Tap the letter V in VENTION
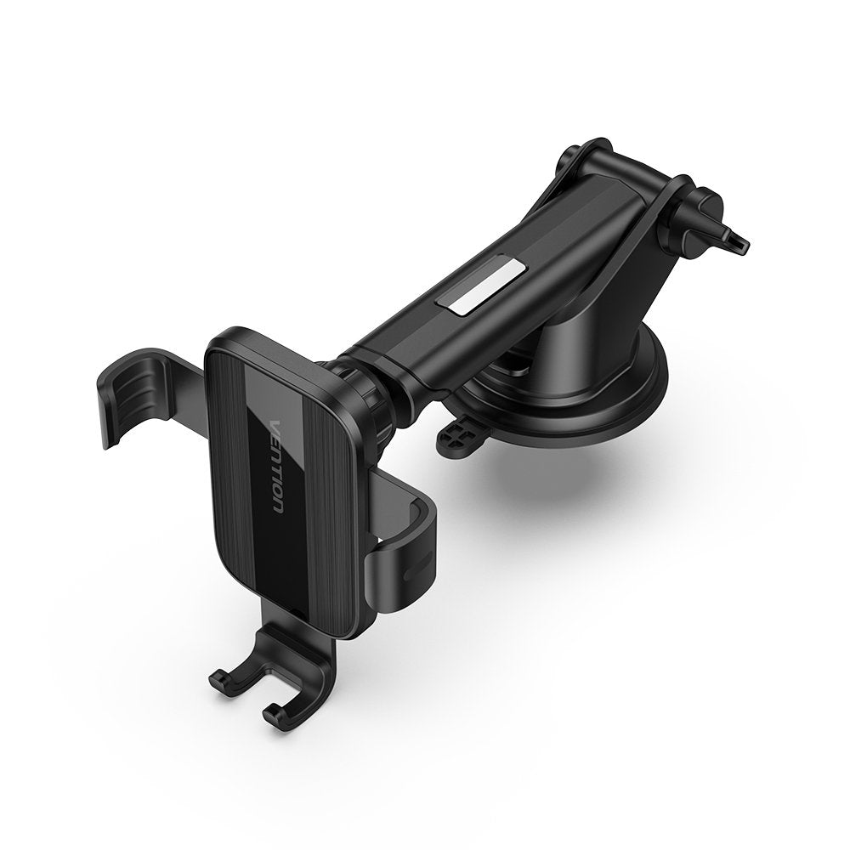tap(274, 425)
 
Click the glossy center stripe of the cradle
tap(280, 476)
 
